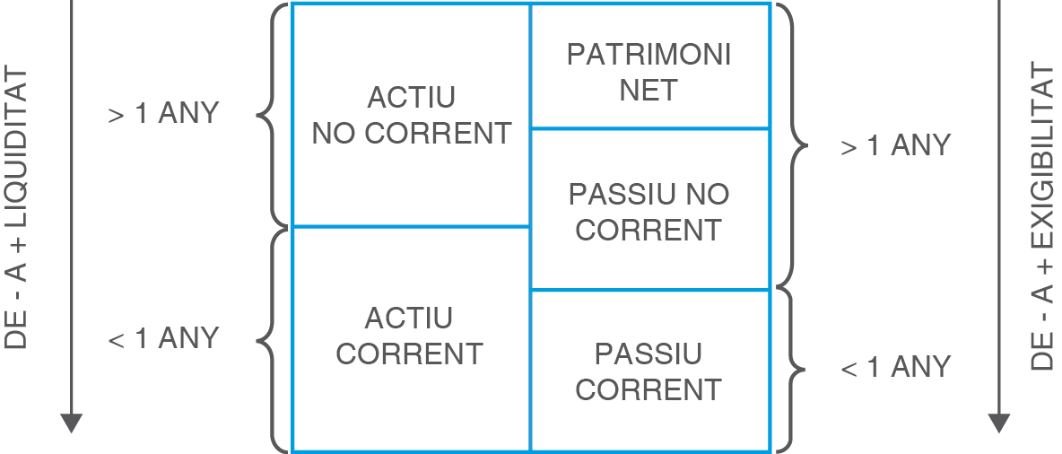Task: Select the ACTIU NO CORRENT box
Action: coord(411,115)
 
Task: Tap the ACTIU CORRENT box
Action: coord(410,337)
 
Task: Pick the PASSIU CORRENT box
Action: coord(649,371)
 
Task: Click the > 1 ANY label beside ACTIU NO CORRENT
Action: coord(163,114)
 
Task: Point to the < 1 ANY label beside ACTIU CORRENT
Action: coord(163,338)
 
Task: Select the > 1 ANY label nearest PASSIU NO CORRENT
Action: coord(895,146)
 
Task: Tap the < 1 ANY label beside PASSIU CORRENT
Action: coord(895,367)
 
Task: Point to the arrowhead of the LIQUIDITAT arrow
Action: coord(72,423)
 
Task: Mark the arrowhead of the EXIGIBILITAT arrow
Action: coord(999,423)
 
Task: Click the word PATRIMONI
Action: coord(649,55)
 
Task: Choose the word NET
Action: coord(649,91)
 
